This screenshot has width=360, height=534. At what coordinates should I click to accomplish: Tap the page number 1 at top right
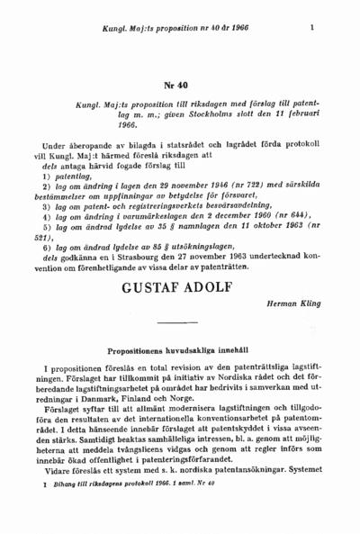(310, 28)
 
